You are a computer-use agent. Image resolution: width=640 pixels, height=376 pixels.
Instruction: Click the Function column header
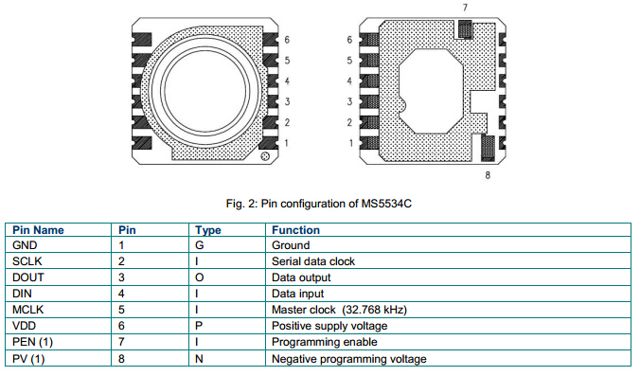pos(296,230)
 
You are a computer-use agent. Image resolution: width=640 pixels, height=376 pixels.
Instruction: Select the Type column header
pos(208,230)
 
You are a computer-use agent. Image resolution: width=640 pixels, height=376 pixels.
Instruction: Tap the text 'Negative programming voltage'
pos(349,359)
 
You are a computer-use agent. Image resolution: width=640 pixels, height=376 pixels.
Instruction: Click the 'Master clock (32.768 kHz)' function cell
pos(340,310)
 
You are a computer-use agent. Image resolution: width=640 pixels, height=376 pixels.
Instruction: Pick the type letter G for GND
pos(200,245)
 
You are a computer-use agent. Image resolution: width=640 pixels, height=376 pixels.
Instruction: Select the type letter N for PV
pos(199,359)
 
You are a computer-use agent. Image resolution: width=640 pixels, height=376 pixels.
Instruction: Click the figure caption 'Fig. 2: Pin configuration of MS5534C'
pos(319,204)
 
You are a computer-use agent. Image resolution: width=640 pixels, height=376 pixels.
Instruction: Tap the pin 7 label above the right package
pos(465,8)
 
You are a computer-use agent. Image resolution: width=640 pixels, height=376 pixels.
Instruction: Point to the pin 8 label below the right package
pos(488,175)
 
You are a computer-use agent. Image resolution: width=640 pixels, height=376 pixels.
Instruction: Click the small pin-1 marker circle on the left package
pos(265,156)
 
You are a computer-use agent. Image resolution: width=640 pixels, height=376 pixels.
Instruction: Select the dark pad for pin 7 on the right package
pos(465,29)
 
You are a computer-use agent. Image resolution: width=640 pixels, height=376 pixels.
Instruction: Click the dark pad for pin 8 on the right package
pos(488,148)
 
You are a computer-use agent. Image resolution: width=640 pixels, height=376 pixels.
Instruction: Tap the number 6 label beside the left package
pos(287,40)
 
